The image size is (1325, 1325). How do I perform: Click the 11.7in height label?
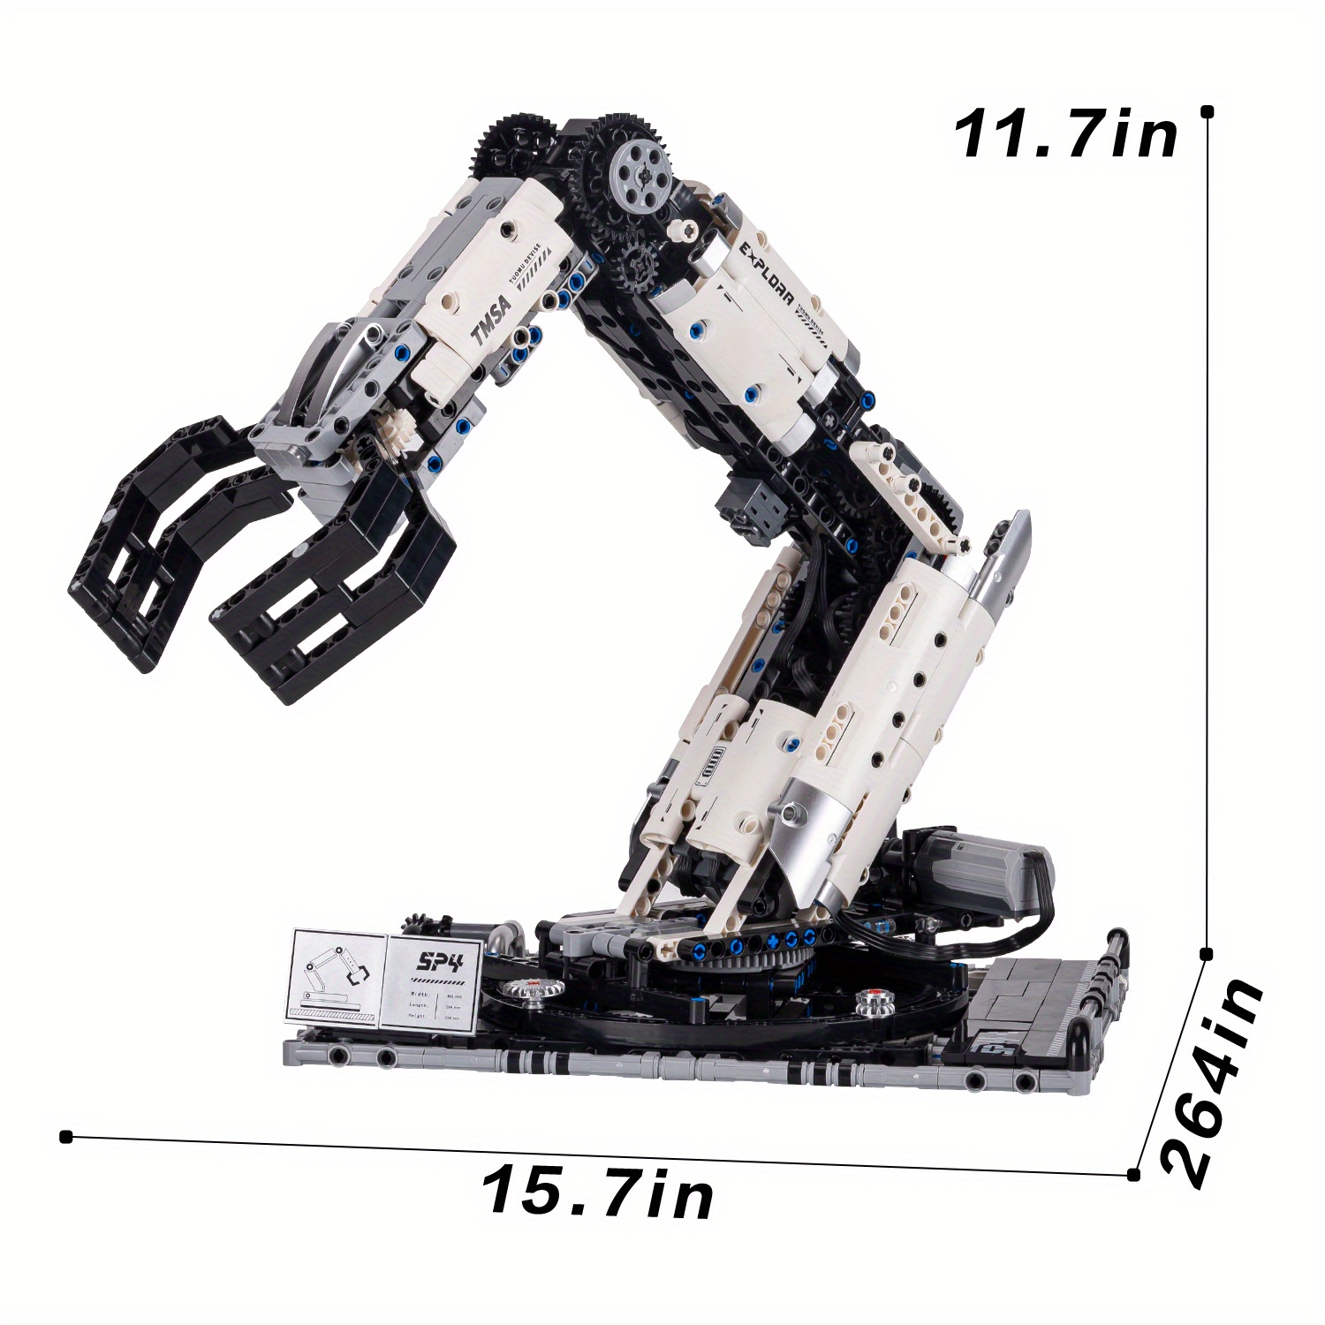1066,135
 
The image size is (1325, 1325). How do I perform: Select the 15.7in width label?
598,1192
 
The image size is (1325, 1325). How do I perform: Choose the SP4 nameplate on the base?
434,980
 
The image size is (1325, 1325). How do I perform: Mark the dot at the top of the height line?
1207,111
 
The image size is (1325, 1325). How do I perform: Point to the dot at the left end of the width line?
65,1136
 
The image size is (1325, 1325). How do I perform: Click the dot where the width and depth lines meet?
1133,1175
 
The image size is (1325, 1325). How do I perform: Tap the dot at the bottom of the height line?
1207,954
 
